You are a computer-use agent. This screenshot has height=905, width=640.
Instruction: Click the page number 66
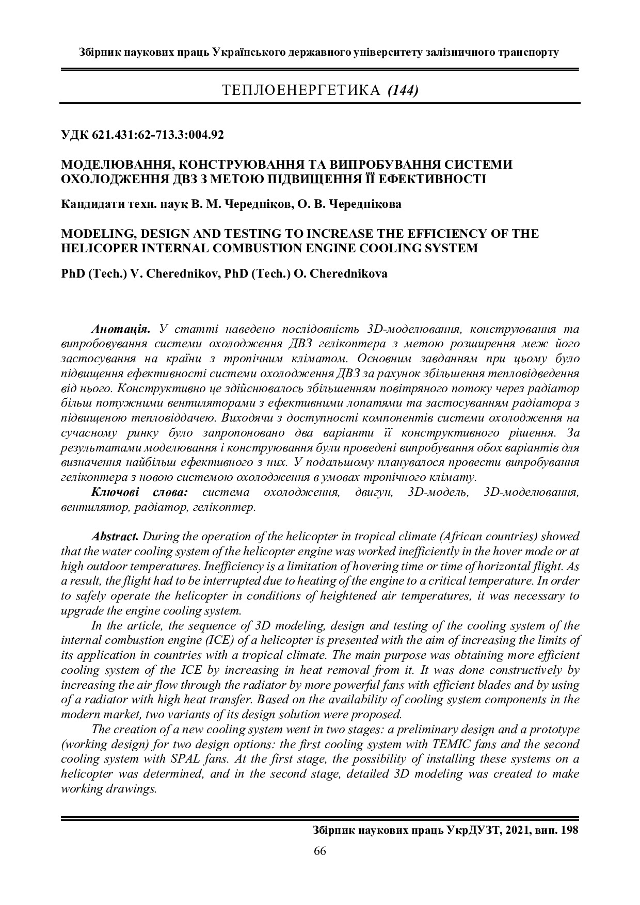(319, 851)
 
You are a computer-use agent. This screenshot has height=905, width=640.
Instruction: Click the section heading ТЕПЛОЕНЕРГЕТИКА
(301, 91)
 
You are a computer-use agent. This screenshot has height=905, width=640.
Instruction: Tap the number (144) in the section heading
(403, 91)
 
